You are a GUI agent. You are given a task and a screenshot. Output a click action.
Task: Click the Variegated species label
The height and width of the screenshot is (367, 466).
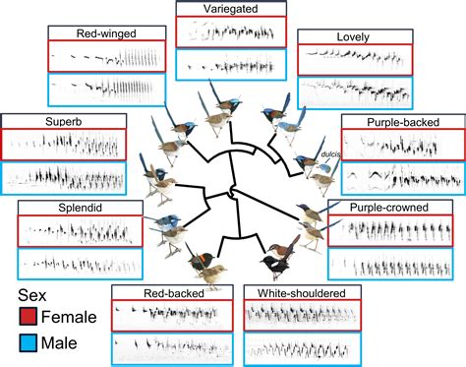(x=231, y=9)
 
